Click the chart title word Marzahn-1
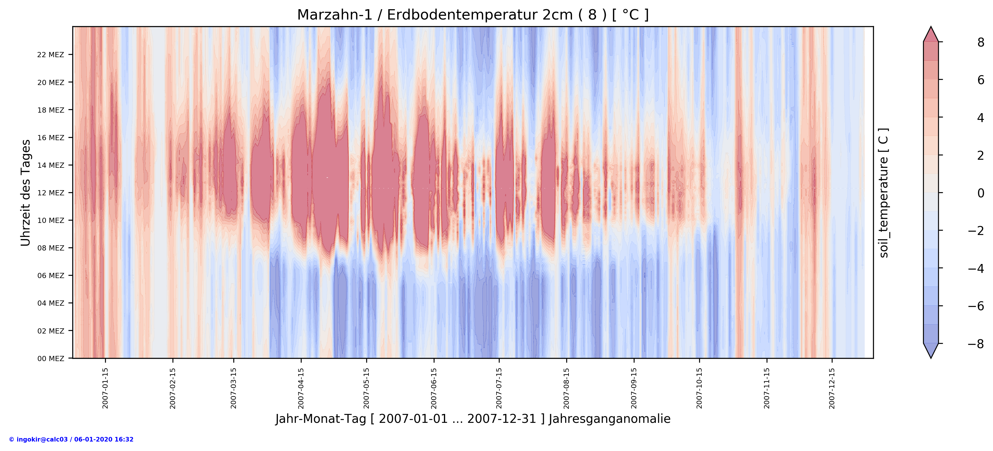coord(335,15)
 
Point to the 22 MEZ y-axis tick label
coord(51,55)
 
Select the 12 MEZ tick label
coord(51,193)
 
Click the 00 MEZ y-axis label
coord(51,359)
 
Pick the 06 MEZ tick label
coord(51,276)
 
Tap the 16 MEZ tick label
coord(51,138)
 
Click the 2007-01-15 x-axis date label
coord(105,388)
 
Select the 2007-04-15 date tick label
coord(301,388)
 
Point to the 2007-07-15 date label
coord(499,388)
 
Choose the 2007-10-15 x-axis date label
coord(699,388)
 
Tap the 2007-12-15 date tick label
coord(832,388)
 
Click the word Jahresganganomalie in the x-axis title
coord(610,419)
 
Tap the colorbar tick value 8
coord(981,43)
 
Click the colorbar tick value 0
coord(981,193)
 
